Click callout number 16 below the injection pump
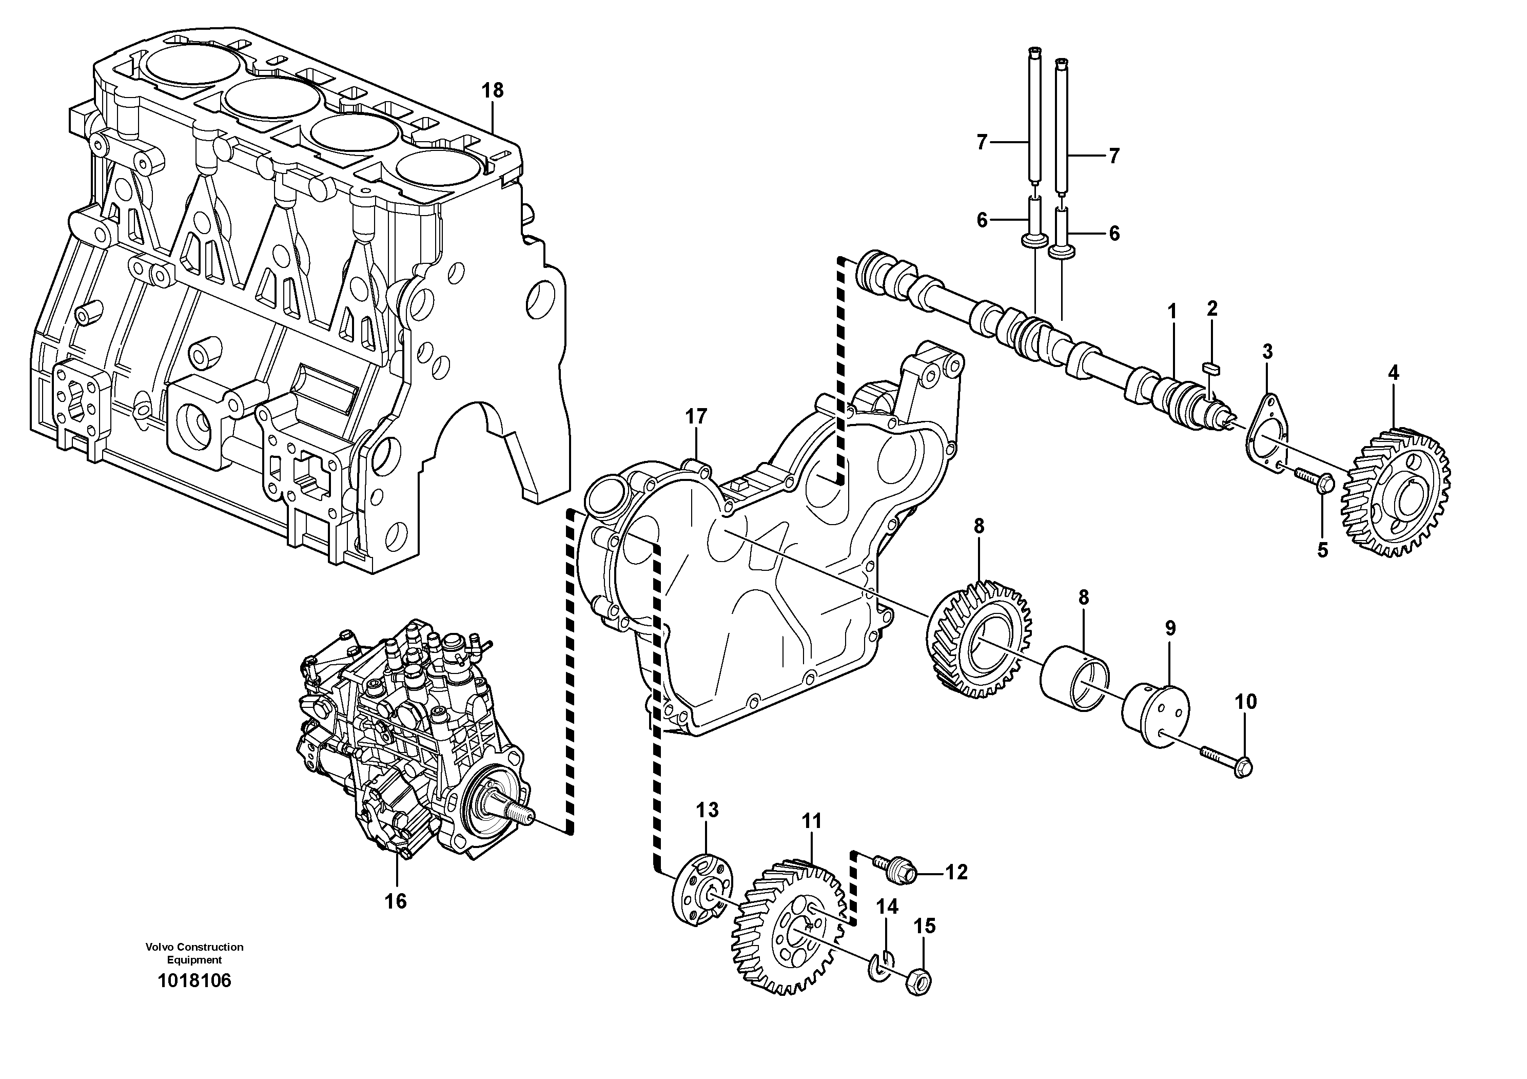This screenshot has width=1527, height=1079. pos(396,901)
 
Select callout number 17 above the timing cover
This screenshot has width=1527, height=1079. pos(696,417)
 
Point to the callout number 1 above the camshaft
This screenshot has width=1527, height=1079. pos(1172,311)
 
